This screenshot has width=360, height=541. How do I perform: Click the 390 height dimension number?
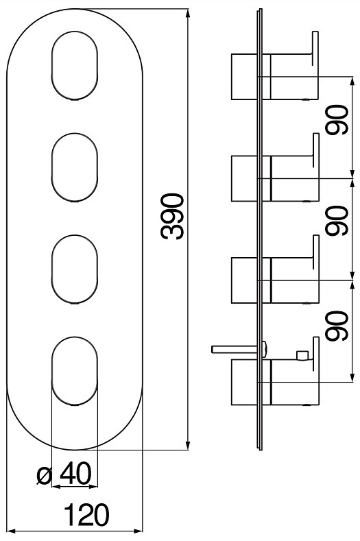point(172,216)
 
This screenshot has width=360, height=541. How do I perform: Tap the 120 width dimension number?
point(86,515)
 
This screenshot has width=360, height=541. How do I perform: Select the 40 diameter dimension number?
point(76,473)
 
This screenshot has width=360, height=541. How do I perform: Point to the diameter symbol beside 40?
point(44,476)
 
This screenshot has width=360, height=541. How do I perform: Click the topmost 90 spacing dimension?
point(337,120)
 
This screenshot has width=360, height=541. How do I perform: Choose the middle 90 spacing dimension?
point(337,221)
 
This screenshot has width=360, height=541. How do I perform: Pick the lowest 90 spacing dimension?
point(337,326)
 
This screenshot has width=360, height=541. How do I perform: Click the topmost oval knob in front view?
point(75,66)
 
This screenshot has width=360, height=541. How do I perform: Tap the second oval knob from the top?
point(75,167)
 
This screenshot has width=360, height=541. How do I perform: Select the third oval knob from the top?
point(75,269)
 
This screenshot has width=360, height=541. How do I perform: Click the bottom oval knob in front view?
point(75,371)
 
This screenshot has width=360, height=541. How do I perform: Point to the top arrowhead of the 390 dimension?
point(187,13)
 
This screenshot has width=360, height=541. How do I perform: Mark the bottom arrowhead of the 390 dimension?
point(187,446)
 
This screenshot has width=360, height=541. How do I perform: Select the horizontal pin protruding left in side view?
point(235,349)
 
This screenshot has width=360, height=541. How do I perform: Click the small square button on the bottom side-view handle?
point(302,355)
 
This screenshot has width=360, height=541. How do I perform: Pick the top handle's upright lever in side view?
point(315,48)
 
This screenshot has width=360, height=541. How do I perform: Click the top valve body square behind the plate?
point(244,77)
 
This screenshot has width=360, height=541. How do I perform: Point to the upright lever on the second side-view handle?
point(316,150)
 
